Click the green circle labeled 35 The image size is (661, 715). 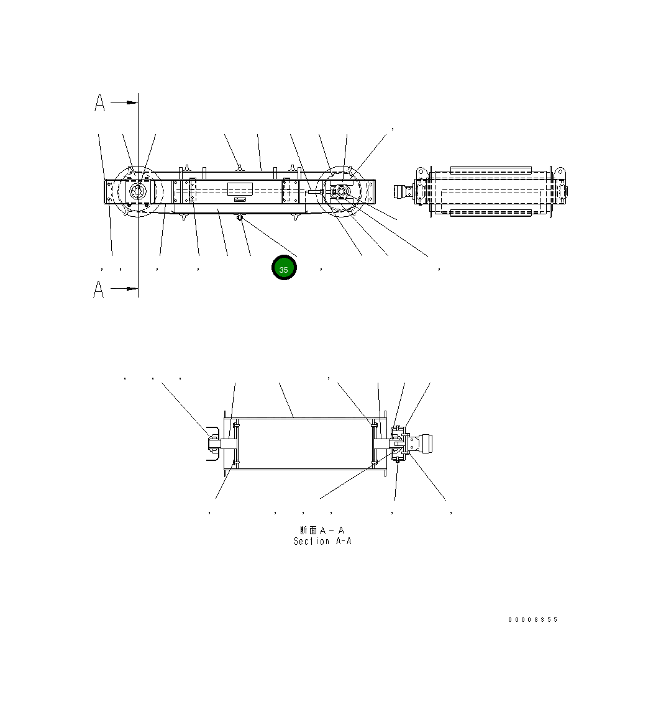click(284, 268)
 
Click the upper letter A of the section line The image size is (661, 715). click(99, 103)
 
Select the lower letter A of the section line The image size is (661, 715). click(99, 289)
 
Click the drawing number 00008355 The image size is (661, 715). click(532, 619)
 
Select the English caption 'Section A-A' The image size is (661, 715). click(322, 542)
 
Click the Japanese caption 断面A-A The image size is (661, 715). click(322, 531)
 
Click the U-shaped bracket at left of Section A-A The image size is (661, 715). click(212, 444)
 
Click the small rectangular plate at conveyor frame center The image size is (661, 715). click(240, 189)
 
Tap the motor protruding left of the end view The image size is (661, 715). click(404, 192)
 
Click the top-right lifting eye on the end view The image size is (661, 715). click(558, 172)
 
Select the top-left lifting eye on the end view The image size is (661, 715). click(421, 172)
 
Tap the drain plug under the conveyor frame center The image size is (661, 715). click(240, 217)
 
